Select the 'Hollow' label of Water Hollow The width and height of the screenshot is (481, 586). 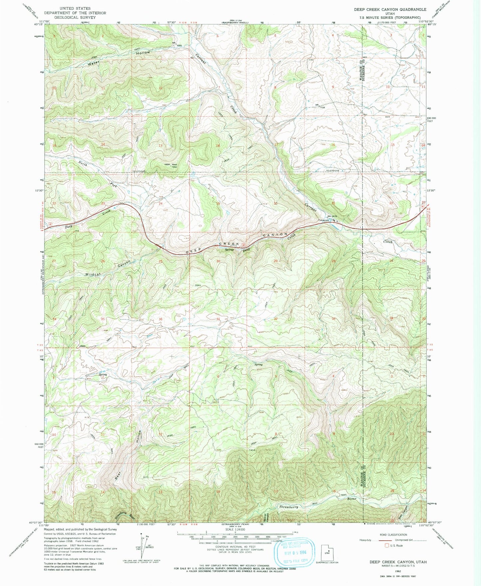(143, 53)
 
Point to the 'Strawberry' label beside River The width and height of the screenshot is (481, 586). (288, 507)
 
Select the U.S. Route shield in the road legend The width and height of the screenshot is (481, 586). (386, 546)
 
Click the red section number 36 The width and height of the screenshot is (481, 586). (161, 319)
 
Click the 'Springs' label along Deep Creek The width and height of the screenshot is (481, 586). (229, 249)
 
